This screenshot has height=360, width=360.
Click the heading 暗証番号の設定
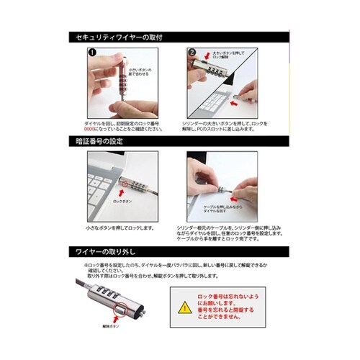pyautogui.click(x=101, y=141)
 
